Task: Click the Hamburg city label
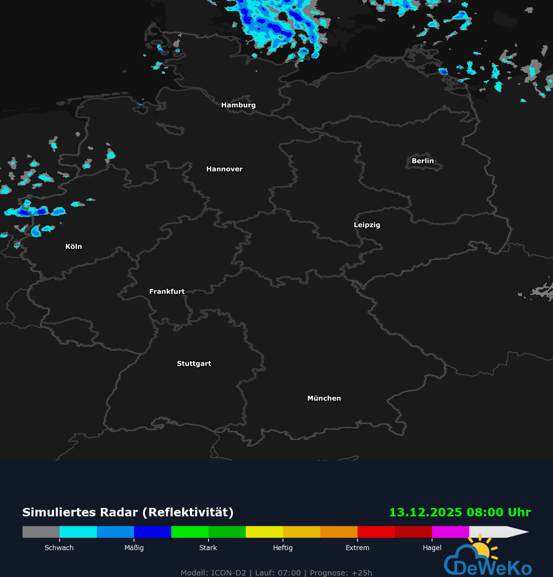(238, 105)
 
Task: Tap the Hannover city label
(224, 169)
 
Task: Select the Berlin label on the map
(422, 161)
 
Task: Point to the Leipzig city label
(367, 225)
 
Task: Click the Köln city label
(73, 246)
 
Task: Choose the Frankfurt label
(167, 291)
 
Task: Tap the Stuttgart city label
(194, 364)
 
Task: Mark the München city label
(324, 398)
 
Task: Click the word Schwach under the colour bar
(59, 548)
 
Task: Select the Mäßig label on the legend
(134, 548)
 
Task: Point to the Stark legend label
(208, 548)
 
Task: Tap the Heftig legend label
(283, 548)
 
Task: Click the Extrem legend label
(357, 548)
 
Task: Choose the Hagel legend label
(432, 548)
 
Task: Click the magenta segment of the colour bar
(450, 532)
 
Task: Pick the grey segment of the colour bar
(41, 532)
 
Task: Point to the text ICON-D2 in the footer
(228, 573)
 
